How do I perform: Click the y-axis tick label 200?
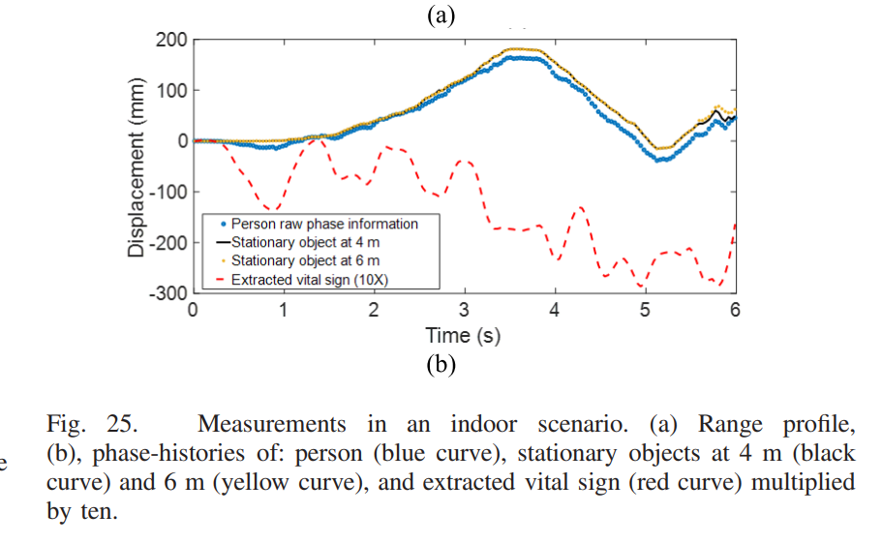pos(170,41)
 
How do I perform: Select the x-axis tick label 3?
pos(465,310)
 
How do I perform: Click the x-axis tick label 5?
pos(645,310)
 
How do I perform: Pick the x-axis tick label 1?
pos(284,310)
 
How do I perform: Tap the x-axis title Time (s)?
pos(463,336)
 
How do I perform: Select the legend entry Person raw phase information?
pos(324,224)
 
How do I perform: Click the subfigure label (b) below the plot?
pos(441,365)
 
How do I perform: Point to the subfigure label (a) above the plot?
pos(441,15)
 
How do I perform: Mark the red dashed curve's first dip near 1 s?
pos(274,209)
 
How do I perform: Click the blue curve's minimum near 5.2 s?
pos(662,159)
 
